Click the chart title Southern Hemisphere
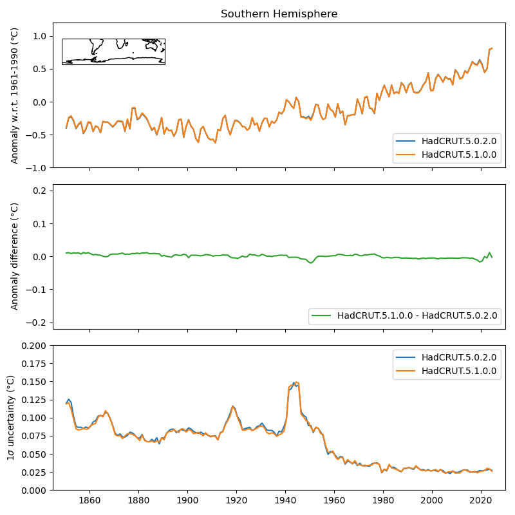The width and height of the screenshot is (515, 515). (x=279, y=14)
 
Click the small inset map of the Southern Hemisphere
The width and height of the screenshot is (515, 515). (x=113, y=51)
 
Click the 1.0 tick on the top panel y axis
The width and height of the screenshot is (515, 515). (x=39, y=36)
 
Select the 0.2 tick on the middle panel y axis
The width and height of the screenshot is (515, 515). (x=39, y=191)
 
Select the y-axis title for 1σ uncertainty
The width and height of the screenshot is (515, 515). (x=11, y=418)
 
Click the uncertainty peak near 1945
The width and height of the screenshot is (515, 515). (x=295, y=382)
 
